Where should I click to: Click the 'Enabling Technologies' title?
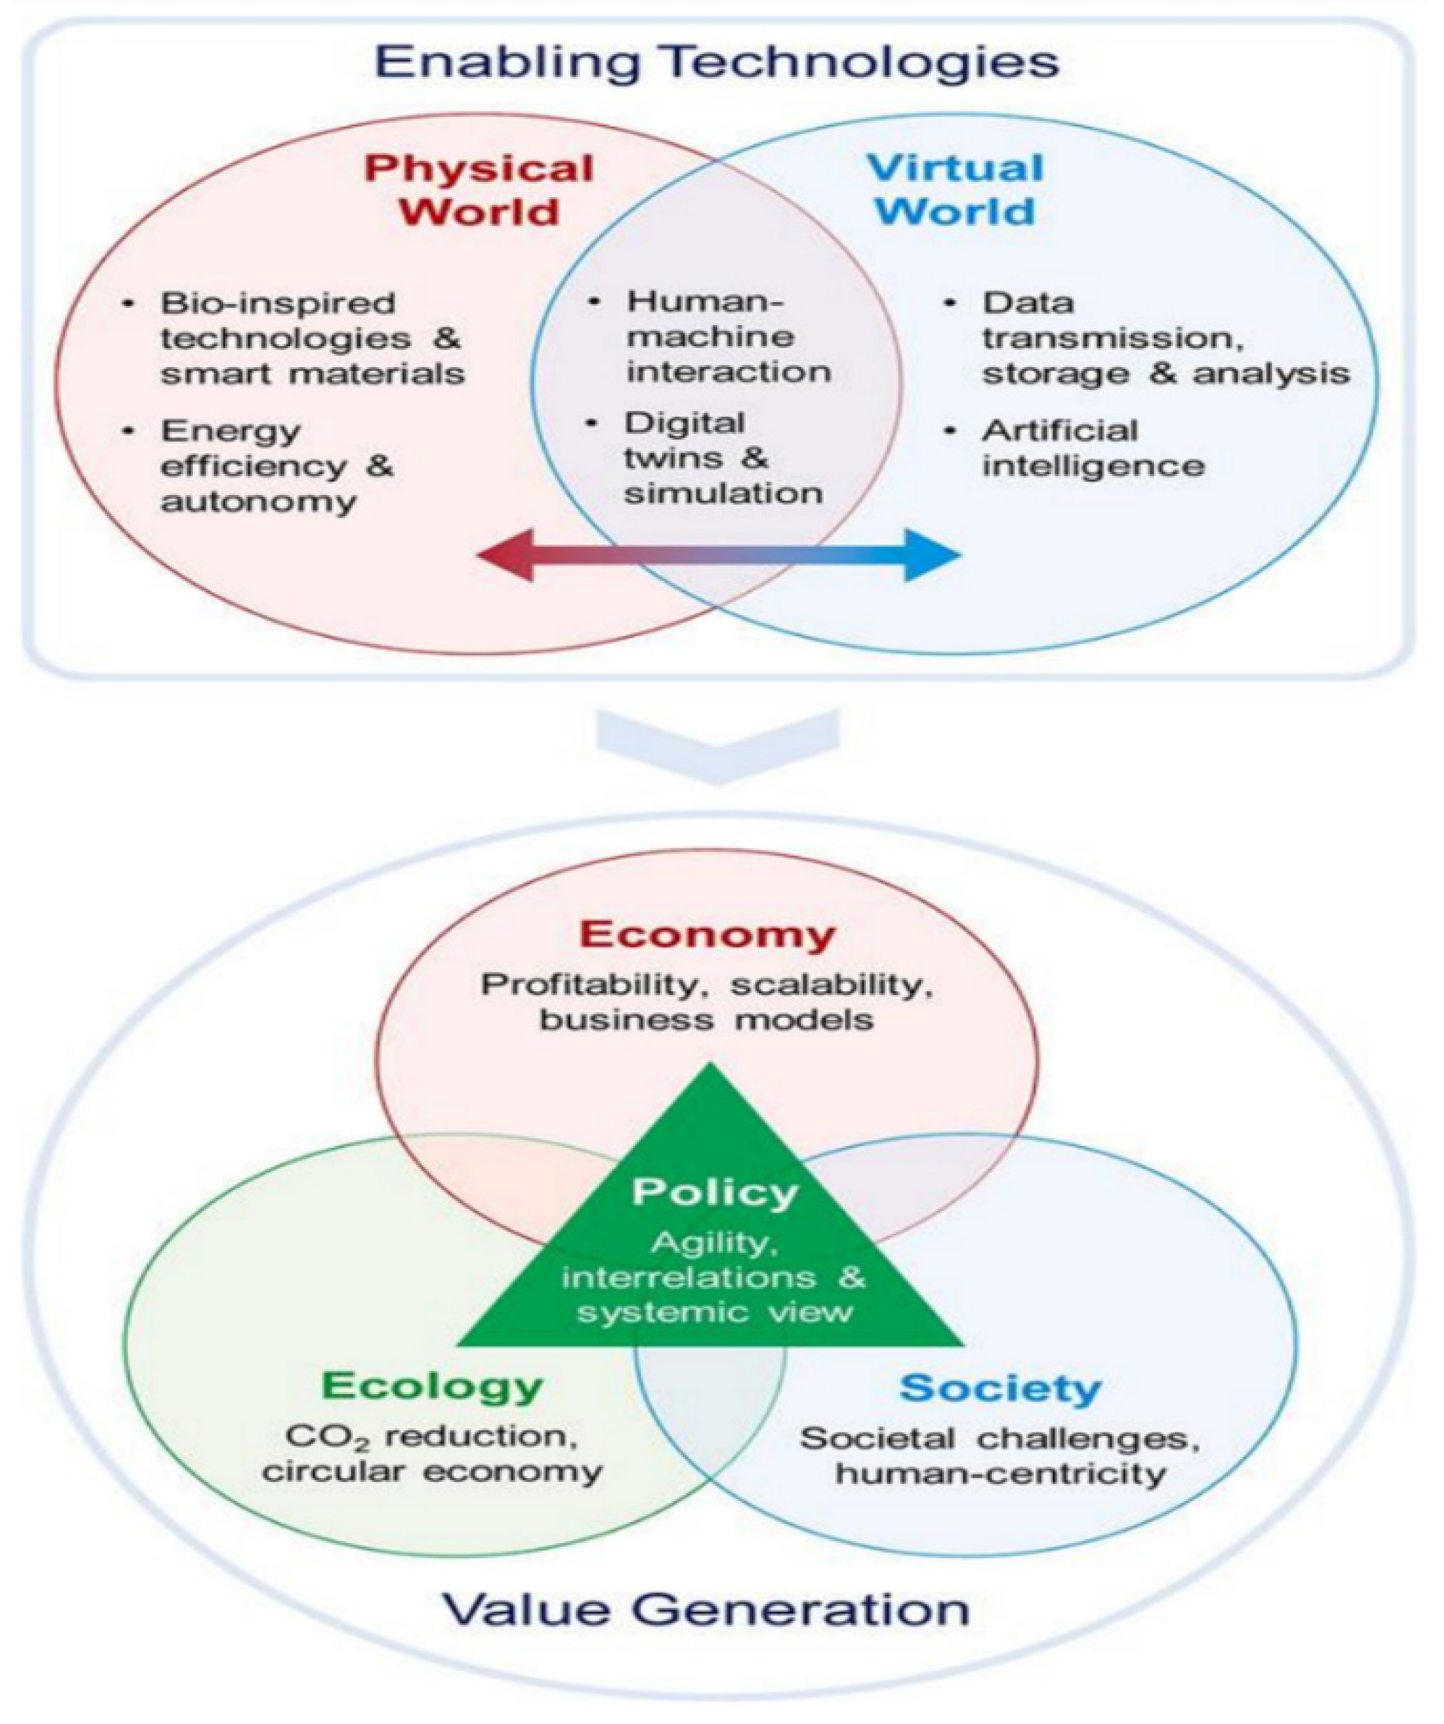coord(716,62)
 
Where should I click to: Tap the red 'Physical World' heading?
coord(479,190)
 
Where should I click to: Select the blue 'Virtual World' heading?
coord(955,190)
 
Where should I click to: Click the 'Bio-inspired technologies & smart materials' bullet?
coord(312,338)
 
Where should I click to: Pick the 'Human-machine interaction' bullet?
coord(728,336)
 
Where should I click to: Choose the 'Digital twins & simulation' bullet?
coord(723,458)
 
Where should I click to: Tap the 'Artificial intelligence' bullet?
coord(1093,448)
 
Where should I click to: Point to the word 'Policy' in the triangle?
coord(714,1192)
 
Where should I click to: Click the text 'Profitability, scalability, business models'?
coord(707,1002)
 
